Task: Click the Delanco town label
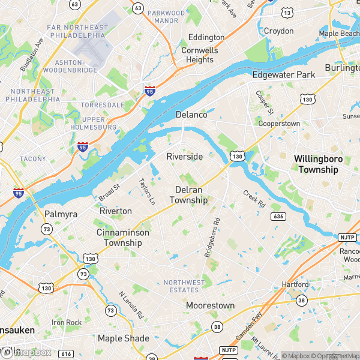point(191,115)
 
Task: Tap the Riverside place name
point(185,157)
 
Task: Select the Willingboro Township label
point(316,164)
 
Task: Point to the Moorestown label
point(210,305)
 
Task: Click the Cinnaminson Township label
point(122,238)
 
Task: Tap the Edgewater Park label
point(283,75)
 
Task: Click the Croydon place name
point(279,31)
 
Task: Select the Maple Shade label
point(123,338)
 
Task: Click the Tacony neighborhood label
point(32,159)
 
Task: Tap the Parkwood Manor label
point(166,16)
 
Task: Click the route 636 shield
point(277,216)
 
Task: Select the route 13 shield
point(288,13)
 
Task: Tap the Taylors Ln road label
point(146,191)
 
